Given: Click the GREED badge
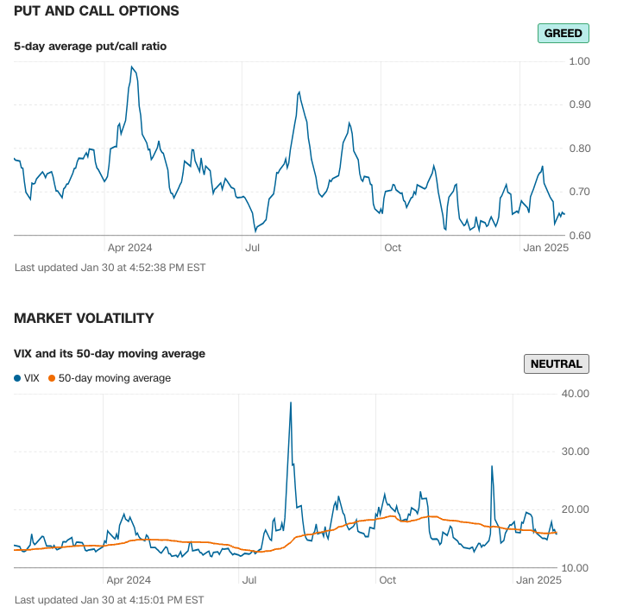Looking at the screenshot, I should point(563,34).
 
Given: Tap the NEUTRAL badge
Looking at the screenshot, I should point(557,363).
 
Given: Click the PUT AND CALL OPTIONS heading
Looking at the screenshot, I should point(97,11).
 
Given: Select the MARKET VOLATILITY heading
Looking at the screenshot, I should point(84,319).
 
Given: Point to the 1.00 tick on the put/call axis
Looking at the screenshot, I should point(579,61).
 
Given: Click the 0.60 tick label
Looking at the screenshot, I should point(579,235).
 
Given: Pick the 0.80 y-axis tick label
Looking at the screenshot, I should point(579,149).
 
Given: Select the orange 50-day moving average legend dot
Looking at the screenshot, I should point(52,378).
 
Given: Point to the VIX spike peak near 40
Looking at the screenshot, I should point(291,402).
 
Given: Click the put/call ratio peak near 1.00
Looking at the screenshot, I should point(132,66).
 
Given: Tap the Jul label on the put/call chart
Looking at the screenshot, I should point(253,248).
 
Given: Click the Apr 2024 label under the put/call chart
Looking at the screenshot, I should point(129,248).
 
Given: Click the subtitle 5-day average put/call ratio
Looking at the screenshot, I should point(90,46).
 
